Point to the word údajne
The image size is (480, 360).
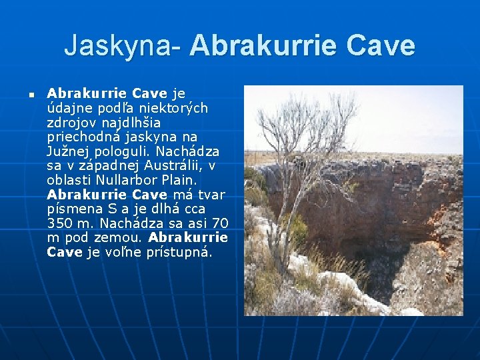[69, 108]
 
